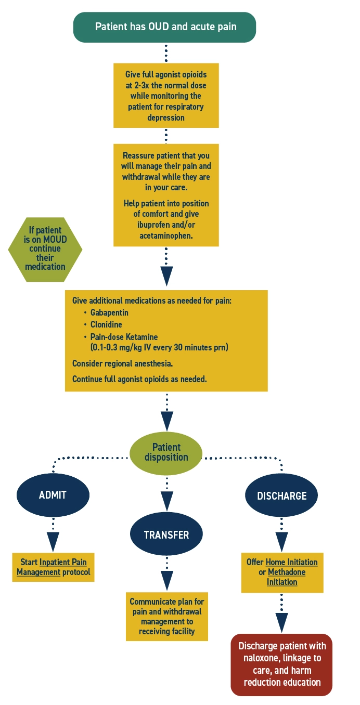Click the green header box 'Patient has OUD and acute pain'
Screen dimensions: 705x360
(165, 27)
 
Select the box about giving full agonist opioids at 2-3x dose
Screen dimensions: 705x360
(166, 96)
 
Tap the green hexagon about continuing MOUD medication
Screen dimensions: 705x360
(45, 249)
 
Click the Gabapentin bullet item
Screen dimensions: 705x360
(109, 312)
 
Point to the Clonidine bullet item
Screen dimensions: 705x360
(106, 324)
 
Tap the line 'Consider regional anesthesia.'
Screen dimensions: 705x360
(122, 363)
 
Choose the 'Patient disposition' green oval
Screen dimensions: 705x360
(166, 452)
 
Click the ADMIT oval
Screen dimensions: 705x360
(53, 495)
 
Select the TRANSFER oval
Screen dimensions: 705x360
(166, 534)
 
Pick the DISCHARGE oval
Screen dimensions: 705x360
(281, 496)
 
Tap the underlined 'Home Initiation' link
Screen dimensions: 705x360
(291, 562)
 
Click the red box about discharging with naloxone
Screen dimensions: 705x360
(281, 664)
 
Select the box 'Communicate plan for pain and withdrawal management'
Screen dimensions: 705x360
(166, 616)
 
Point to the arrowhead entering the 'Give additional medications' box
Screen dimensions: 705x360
(166, 276)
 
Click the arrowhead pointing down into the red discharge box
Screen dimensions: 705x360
(281, 622)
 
